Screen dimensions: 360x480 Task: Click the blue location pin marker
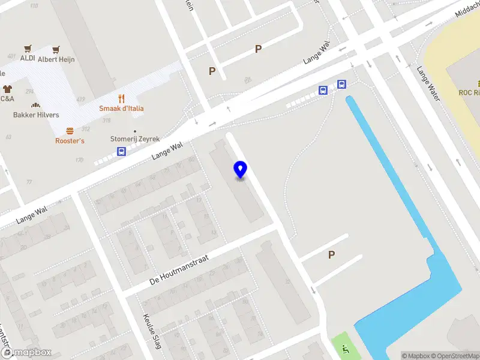240,169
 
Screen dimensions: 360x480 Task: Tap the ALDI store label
28,58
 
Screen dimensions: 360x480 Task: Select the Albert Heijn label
56,59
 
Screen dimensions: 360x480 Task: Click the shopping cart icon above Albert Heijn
56,50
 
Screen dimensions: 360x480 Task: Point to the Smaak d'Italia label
121,109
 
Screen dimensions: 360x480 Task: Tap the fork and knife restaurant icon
121,99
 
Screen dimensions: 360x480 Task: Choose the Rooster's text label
70,140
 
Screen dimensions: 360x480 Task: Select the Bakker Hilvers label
36,115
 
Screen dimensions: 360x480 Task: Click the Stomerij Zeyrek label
135,139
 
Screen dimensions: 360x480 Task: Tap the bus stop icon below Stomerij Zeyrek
121,151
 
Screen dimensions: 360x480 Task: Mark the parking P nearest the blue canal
331,255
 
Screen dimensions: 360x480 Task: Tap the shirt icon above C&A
7,89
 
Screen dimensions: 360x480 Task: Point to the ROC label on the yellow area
469,92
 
